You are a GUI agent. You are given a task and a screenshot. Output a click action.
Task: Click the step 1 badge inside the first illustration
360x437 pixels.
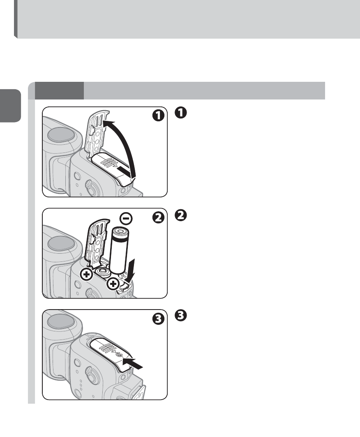pyautogui.click(x=158, y=116)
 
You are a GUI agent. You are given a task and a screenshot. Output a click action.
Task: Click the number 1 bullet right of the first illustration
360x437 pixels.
pyautogui.click(x=180, y=113)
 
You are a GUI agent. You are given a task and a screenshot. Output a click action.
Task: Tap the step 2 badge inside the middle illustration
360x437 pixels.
pyautogui.click(x=158, y=217)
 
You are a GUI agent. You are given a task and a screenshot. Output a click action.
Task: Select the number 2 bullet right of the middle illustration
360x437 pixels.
pyautogui.click(x=180, y=215)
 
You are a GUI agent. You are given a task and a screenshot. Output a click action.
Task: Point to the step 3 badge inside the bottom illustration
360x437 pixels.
pyautogui.click(x=158, y=319)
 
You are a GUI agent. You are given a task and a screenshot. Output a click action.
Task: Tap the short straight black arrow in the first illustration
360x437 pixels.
pyautogui.click(x=124, y=171)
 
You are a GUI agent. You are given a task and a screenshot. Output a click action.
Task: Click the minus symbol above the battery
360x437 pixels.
pyautogui.click(x=126, y=219)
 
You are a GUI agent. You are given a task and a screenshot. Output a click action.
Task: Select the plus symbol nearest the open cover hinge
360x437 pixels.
pyautogui.click(x=87, y=275)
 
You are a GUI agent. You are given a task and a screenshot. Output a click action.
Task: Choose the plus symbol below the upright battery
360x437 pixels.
pyautogui.click(x=113, y=284)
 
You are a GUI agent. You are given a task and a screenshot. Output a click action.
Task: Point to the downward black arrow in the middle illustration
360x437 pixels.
pyautogui.click(x=130, y=270)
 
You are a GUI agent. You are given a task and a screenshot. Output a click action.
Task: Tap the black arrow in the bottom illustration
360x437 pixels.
pyautogui.click(x=133, y=363)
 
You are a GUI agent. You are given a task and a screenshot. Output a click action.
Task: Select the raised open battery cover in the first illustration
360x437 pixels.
pyautogui.click(x=96, y=132)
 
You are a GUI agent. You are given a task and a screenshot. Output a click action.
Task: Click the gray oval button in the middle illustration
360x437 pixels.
pyautogui.click(x=61, y=244)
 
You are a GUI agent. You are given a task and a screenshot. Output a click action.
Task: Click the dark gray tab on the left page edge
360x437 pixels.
pyautogui.click(x=10, y=106)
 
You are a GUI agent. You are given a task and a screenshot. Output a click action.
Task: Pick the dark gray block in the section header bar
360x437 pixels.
pyautogui.click(x=59, y=90)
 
